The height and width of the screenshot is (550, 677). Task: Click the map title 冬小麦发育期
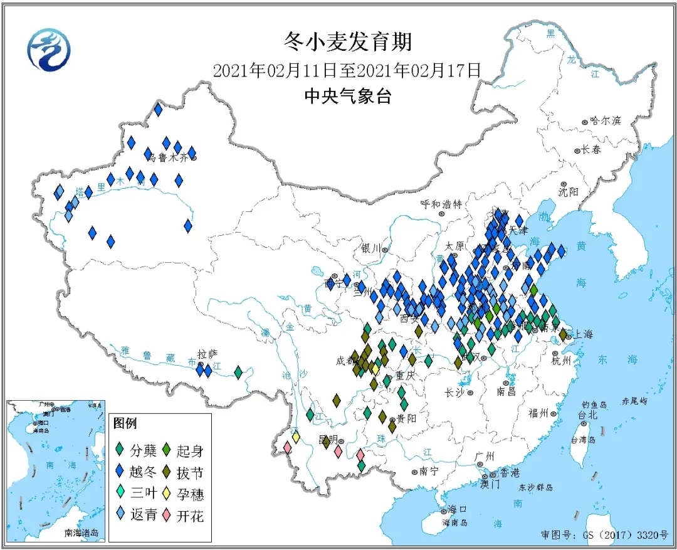[x=347, y=42]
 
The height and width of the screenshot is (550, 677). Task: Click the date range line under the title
[x=347, y=70]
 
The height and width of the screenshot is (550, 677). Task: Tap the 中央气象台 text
[x=347, y=96]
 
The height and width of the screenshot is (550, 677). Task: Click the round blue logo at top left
[x=49, y=50]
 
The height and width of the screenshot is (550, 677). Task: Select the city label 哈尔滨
[x=605, y=120]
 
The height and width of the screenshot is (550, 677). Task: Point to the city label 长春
[x=590, y=150]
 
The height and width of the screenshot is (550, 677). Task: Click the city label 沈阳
[x=569, y=191]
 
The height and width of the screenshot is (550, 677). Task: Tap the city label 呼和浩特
[x=441, y=204]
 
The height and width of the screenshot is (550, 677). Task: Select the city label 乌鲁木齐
[x=166, y=158]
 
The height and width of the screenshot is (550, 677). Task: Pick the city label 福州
[x=538, y=413]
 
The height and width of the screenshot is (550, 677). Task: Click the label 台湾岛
[x=582, y=440]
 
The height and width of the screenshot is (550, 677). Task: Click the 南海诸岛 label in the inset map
[x=81, y=533]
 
